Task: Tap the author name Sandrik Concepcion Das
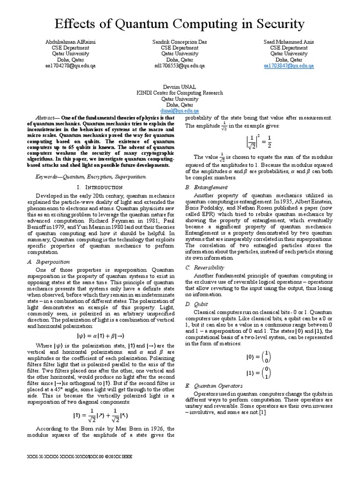pyautogui.click(x=180, y=42)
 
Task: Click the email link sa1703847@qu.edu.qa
pyautogui.click(x=288, y=66)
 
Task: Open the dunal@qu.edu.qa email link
pyautogui.click(x=180, y=111)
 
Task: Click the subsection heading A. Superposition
pyautogui.click(x=52, y=262)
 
